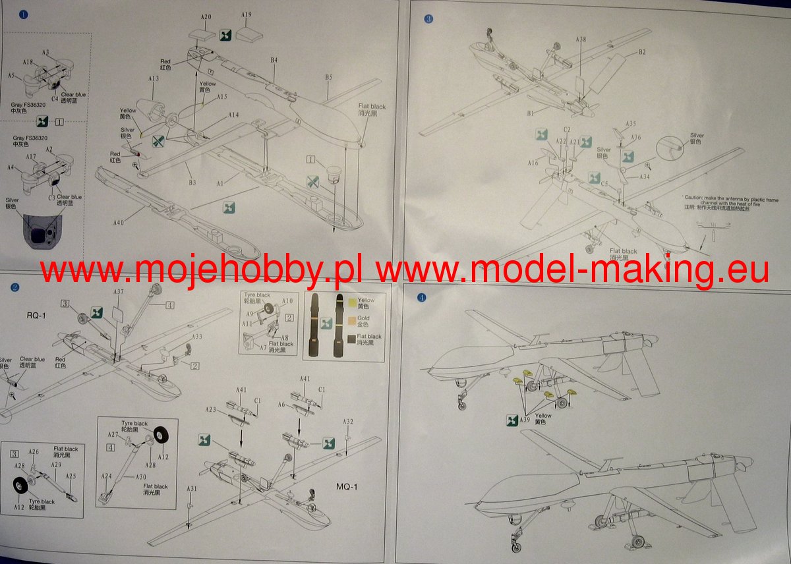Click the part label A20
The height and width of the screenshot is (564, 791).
[x=206, y=16]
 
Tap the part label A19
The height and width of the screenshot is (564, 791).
[x=247, y=14]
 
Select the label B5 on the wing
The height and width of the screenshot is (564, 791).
[x=328, y=78]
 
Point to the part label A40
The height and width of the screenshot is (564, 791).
[x=118, y=223]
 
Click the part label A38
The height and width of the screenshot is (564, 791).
[x=581, y=40]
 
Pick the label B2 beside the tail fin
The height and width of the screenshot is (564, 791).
[x=641, y=52]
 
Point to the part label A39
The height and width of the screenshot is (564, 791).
[x=525, y=420]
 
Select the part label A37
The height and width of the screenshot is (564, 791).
[x=119, y=291]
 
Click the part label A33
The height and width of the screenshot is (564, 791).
[x=197, y=337]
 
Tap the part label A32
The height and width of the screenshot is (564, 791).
[x=348, y=422]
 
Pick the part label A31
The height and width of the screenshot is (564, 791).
[x=191, y=488]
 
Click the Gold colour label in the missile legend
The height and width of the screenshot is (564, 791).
[x=363, y=318]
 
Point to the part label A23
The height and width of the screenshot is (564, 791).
[x=210, y=409]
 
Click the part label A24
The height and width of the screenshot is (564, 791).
[x=106, y=476]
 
